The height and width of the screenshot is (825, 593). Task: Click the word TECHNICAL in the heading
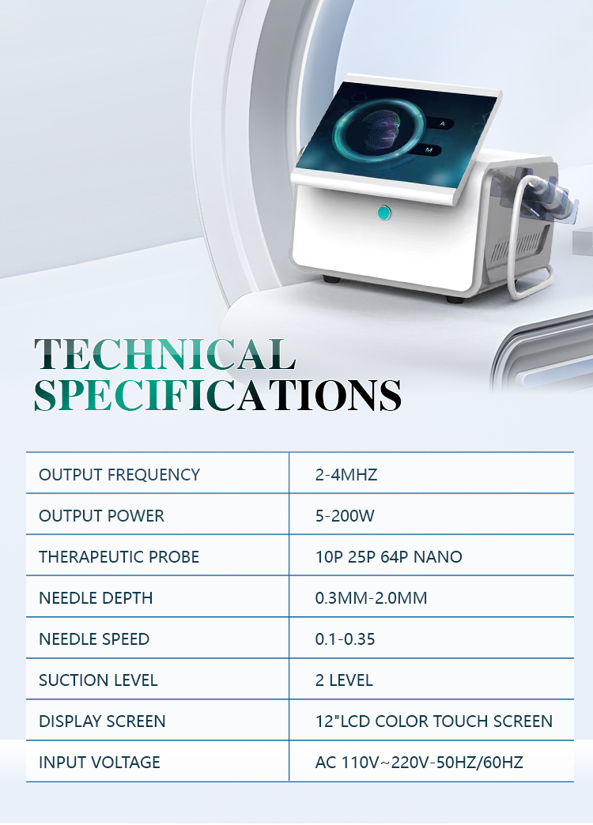coord(164,355)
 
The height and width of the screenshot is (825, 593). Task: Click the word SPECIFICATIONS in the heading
coord(217,394)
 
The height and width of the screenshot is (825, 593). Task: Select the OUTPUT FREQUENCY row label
coord(119,475)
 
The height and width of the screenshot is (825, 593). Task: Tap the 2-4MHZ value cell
coord(346,475)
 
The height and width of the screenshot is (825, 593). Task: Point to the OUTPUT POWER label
coord(101,516)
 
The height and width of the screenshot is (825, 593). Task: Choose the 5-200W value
coord(345,516)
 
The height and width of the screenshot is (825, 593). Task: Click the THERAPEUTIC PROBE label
coord(119,557)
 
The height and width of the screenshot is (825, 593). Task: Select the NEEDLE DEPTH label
coord(96,598)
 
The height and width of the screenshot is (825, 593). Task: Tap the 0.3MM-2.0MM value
coord(371,598)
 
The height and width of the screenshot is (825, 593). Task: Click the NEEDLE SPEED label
coord(94,639)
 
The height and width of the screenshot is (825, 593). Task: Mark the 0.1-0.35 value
coord(345,639)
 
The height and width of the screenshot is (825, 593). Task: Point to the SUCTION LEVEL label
coord(98,680)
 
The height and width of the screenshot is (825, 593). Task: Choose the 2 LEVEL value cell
coord(344,680)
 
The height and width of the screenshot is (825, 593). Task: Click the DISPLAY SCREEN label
coord(102,721)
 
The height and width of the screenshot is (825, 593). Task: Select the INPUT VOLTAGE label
coord(100,763)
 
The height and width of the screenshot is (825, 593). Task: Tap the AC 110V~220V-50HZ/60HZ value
coord(419,763)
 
